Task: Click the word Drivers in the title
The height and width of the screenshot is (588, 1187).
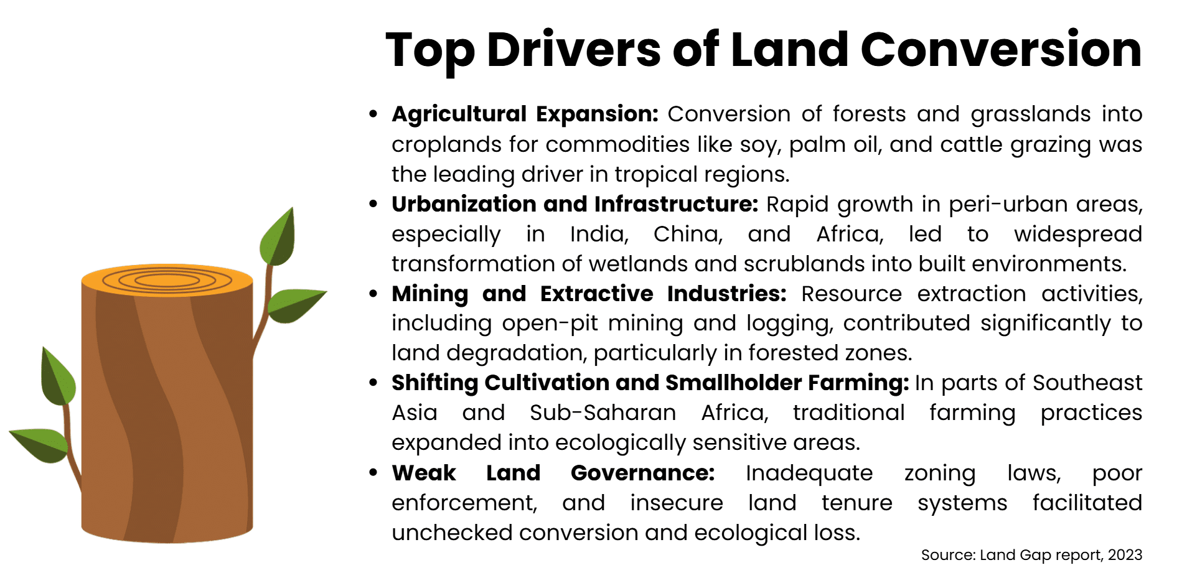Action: (x=573, y=50)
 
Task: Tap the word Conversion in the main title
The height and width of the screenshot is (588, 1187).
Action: (x=1001, y=50)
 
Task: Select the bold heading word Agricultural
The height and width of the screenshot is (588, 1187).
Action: (x=459, y=114)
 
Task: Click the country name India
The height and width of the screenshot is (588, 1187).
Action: (x=599, y=234)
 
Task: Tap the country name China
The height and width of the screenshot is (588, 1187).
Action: (x=688, y=234)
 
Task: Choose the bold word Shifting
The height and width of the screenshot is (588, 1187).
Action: (x=434, y=383)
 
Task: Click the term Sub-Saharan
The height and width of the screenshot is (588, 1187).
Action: (x=603, y=413)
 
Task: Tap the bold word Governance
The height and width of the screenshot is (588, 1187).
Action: (x=642, y=473)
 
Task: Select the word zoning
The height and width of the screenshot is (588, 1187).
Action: (x=939, y=474)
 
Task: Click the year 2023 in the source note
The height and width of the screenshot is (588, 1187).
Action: (x=1125, y=555)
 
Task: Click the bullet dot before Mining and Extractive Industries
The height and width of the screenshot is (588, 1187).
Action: (x=373, y=294)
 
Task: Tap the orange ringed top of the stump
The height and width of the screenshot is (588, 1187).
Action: (x=167, y=280)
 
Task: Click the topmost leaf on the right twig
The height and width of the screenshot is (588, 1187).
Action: (x=278, y=238)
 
